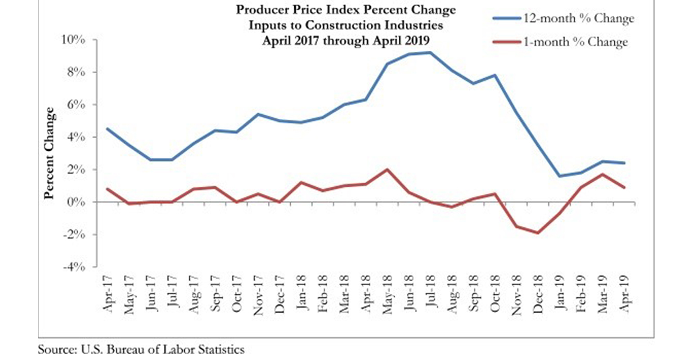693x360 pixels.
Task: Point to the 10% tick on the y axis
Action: point(73,40)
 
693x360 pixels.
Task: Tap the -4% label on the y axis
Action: point(74,267)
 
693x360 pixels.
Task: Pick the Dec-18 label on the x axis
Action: point(539,295)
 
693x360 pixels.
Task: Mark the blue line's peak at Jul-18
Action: point(431,53)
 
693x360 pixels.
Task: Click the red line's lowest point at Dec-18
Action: point(538,233)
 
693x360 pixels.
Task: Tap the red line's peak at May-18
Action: point(387,170)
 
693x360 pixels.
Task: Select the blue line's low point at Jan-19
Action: point(559,176)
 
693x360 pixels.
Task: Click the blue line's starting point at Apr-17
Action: point(107,129)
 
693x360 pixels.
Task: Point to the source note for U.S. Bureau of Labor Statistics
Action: point(141,350)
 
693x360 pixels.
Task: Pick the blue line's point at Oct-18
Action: point(495,75)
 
